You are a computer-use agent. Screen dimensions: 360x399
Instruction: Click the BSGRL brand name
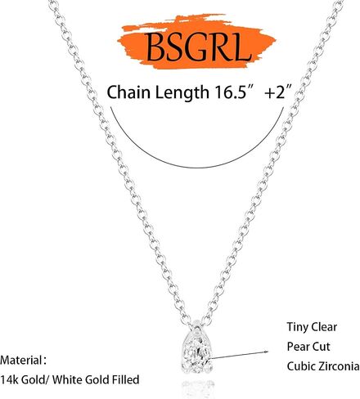(x=199, y=47)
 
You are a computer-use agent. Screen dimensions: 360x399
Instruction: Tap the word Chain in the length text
(x=128, y=92)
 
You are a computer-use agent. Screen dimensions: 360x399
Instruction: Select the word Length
(x=182, y=93)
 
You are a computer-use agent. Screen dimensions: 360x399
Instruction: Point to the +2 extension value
(x=276, y=92)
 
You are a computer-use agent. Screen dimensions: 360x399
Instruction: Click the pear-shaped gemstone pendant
(x=197, y=352)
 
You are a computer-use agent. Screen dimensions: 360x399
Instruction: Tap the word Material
(x=20, y=360)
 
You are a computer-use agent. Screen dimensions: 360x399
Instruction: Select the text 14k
(x=9, y=379)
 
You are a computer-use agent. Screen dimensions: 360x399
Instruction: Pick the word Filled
(x=125, y=379)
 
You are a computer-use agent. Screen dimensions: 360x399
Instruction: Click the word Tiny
(x=298, y=327)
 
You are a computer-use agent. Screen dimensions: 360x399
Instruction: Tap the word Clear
(x=324, y=327)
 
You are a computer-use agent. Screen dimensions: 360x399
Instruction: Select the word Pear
(x=298, y=347)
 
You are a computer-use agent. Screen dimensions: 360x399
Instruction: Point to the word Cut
(x=321, y=347)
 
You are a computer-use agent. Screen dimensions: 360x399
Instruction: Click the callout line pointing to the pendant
(x=239, y=355)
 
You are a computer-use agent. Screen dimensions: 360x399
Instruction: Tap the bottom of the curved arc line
(x=197, y=167)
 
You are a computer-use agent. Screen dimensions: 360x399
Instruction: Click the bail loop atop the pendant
(x=197, y=326)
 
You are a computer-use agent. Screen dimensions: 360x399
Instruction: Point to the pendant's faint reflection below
(x=197, y=388)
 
